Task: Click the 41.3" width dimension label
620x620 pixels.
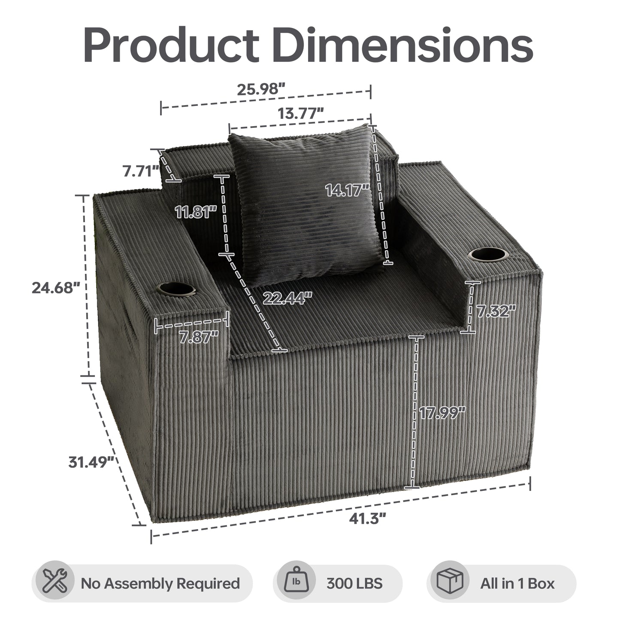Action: tap(367, 519)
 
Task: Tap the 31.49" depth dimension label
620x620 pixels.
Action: tap(91, 463)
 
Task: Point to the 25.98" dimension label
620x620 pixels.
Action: tap(261, 89)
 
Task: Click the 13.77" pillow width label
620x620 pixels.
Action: tap(300, 113)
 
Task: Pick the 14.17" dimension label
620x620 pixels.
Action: tap(348, 190)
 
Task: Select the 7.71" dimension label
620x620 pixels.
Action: tap(141, 171)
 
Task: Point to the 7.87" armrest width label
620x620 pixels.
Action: tap(199, 337)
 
